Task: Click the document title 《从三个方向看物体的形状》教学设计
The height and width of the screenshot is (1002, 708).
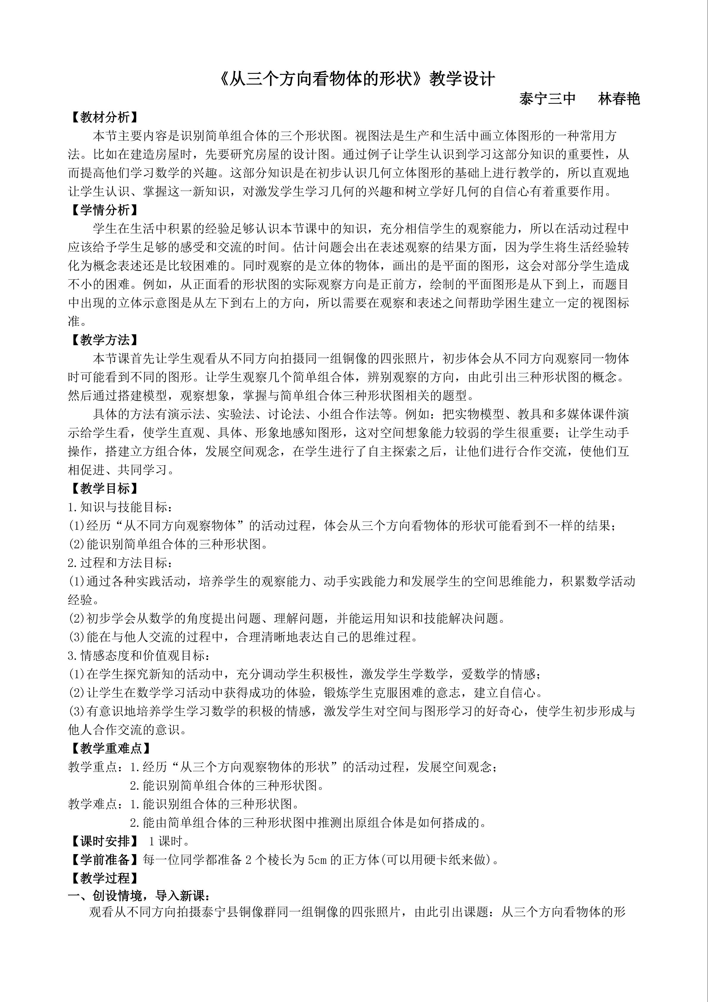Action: (357, 79)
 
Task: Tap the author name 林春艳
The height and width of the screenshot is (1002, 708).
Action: (619, 99)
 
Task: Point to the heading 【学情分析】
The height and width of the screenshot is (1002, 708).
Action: (105, 210)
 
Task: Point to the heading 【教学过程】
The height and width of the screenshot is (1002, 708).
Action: (105, 878)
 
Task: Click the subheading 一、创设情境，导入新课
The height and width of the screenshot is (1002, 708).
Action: (139, 896)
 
